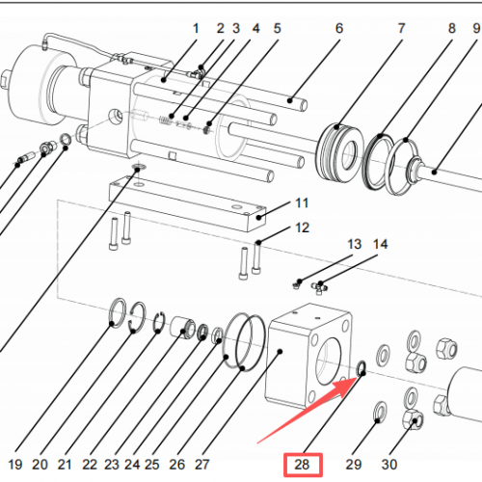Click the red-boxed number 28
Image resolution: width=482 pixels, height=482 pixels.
point(303,466)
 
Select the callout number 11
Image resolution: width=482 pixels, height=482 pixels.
point(302,202)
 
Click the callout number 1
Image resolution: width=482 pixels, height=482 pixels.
point(197,29)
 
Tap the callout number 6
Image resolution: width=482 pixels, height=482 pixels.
point(339,29)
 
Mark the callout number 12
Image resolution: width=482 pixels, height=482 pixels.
point(302,228)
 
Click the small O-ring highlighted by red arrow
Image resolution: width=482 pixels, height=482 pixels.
point(360,368)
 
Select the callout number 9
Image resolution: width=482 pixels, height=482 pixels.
point(476,29)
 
